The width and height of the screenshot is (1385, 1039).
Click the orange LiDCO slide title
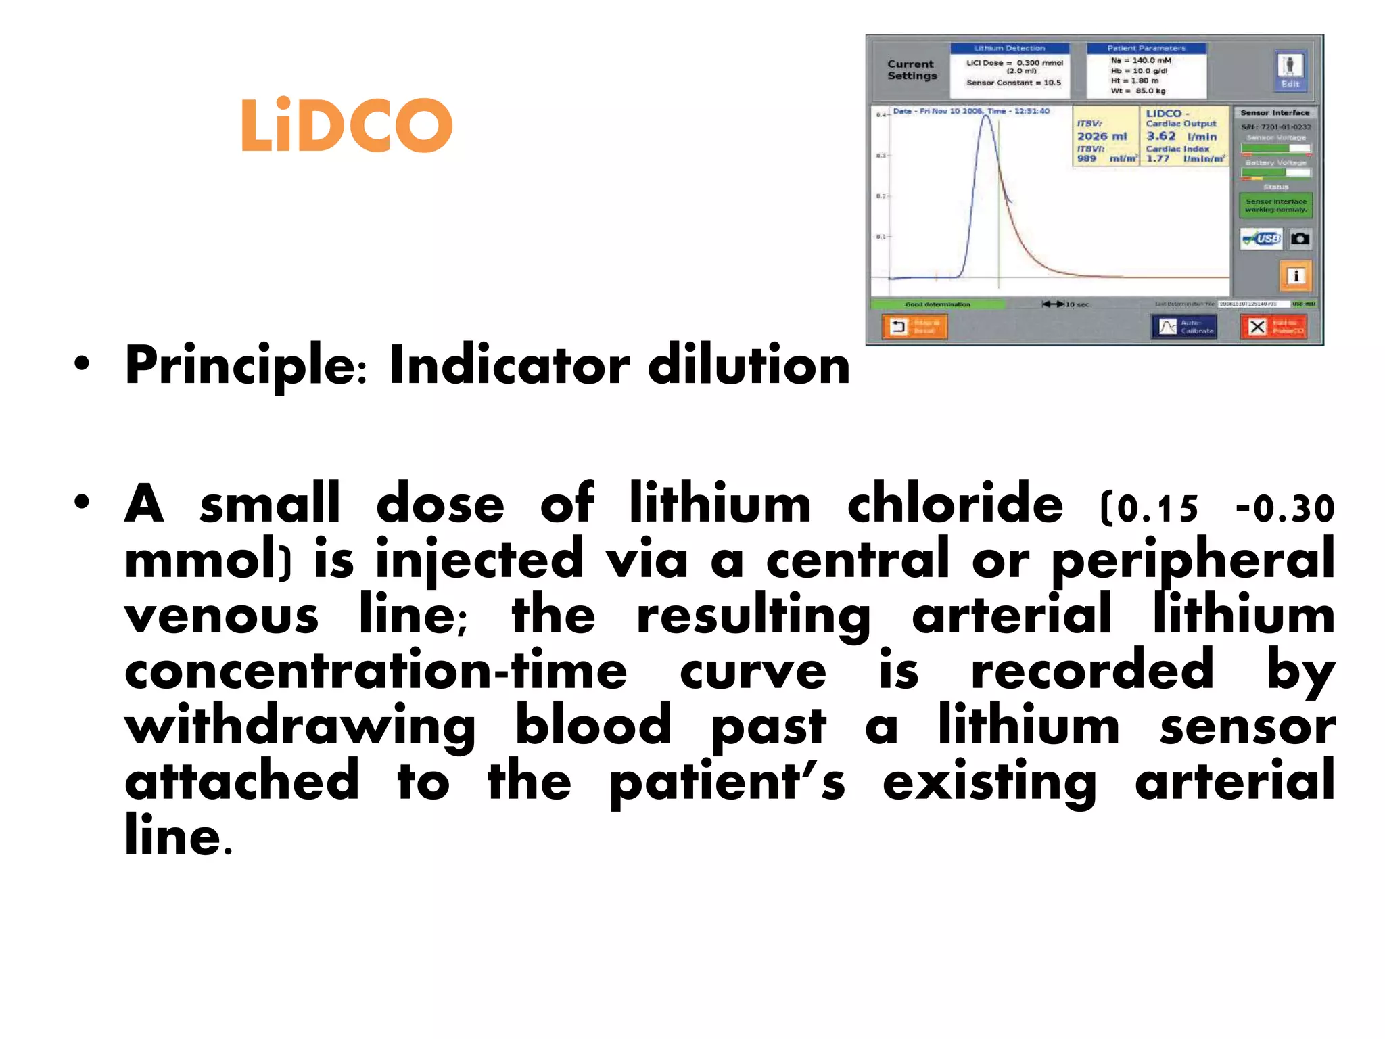pyautogui.click(x=346, y=125)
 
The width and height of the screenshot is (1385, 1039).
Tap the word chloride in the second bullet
pyautogui.click(x=955, y=504)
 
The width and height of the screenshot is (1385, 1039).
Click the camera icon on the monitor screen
pyautogui.click(x=1299, y=239)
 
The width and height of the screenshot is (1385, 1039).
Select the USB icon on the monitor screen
pyautogui.click(x=1262, y=239)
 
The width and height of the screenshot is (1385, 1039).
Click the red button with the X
pyautogui.click(x=1273, y=327)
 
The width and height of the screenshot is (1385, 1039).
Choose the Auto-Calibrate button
pyautogui.click(x=1183, y=327)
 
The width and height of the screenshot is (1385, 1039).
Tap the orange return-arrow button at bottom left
pyautogui.click(x=914, y=327)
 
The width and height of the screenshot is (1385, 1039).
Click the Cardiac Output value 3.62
pyautogui.click(x=1160, y=137)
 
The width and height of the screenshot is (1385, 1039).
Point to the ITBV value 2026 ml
pyautogui.click(x=1102, y=137)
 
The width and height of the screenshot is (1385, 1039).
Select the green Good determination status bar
pyautogui.click(x=937, y=304)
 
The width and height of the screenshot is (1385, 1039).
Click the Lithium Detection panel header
pyautogui.click(x=1009, y=49)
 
